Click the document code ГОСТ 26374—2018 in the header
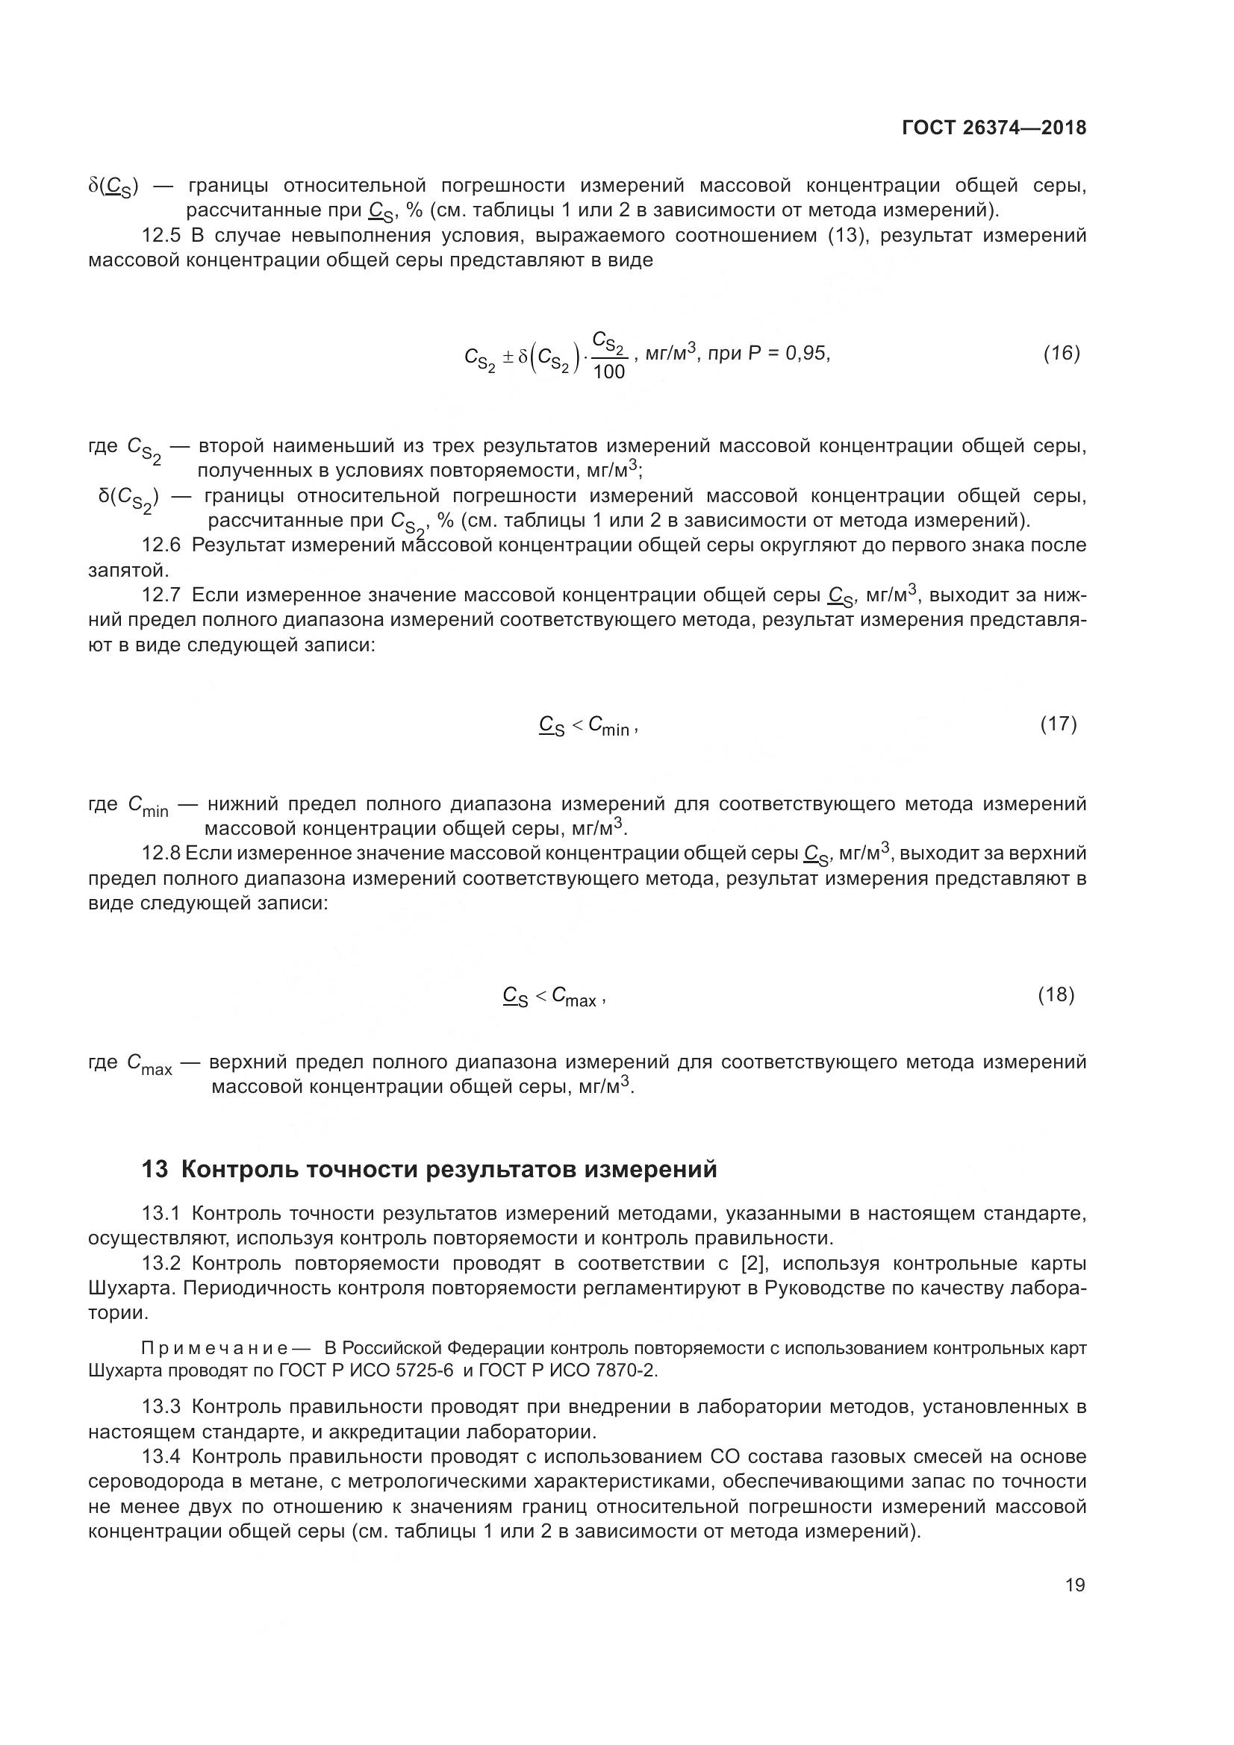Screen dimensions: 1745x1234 [x=994, y=128]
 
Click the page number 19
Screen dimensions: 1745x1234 [x=1075, y=1585]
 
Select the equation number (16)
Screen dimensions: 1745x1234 [x=1062, y=353]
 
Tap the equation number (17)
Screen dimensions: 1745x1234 [x=1059, y=724]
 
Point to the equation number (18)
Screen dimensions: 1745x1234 [x=1056, y=995]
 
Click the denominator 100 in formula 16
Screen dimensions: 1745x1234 [x=608, y=372]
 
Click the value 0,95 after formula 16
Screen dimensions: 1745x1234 [x=808, y=353]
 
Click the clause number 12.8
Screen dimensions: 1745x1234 [x=161, y=853]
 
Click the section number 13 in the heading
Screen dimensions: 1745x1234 [x=155, y=1169]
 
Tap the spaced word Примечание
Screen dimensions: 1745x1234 [x=214, y=1348]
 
